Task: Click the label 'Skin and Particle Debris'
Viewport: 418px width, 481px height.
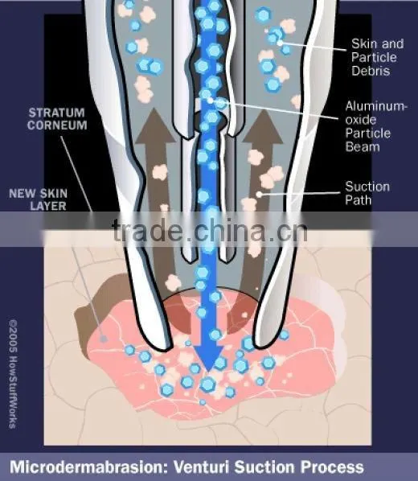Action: click(377, 57)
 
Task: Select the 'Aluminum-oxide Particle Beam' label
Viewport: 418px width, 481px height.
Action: click(376, 126)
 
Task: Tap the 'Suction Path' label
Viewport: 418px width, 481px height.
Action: click(367, 193)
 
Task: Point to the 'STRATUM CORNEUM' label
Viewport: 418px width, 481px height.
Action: click(57, 119)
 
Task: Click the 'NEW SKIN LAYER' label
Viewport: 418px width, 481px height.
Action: click(38, 199)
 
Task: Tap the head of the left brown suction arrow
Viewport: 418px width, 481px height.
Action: click(155, 125)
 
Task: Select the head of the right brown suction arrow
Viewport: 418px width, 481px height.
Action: click(263, 126)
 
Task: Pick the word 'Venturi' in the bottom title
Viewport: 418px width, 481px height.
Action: click(202, 467)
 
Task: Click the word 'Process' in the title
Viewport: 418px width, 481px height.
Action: click(332, 467)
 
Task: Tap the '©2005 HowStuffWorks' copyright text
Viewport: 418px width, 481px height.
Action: click(13, 374)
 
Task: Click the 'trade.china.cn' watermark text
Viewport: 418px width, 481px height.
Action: click(210, 230)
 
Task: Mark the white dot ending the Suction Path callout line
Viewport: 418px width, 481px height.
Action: click(259, 194)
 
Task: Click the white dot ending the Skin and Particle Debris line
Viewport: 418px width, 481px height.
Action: click(280, 43)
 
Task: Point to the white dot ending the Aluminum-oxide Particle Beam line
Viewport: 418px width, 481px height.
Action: click(210, 101)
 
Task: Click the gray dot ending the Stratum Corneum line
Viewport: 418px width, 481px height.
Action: click(104, 339)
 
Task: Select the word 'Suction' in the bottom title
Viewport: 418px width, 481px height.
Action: click(264, 467)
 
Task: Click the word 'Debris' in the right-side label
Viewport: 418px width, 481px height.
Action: click(371, 71)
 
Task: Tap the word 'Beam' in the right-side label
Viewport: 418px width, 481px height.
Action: click(363, 146)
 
